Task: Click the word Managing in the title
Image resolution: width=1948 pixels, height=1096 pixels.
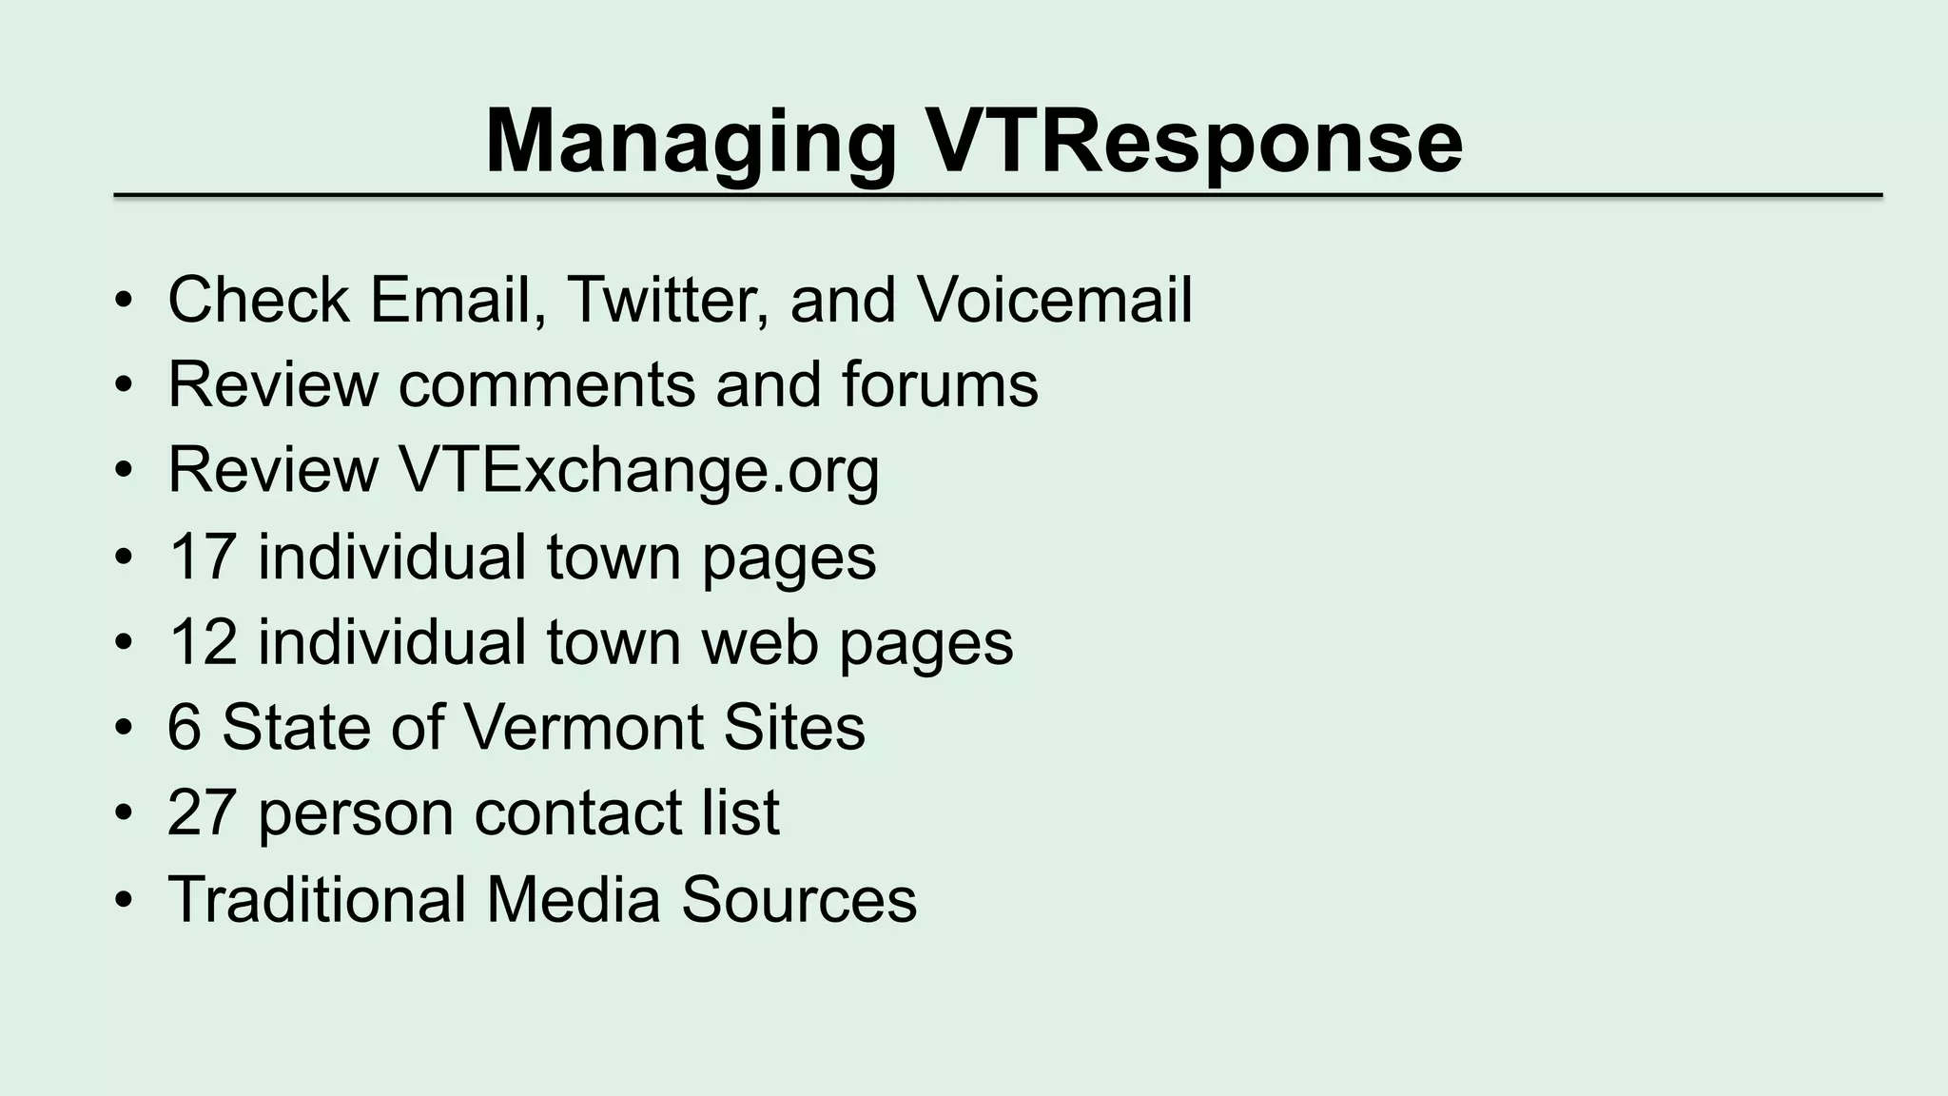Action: click(690, 143)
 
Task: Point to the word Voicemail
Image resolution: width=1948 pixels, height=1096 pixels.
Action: click(1054, 300)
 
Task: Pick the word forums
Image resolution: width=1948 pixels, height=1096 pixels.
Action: click(939, 384)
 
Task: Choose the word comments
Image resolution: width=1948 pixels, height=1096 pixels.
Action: click(548, 384)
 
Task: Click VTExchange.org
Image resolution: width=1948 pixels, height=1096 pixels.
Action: click(638, 470)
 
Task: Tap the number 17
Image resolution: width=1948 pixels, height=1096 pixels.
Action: click(201, 557)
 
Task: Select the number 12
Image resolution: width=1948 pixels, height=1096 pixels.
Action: click(201, 642)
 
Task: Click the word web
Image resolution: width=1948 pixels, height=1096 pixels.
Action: click(759, 642)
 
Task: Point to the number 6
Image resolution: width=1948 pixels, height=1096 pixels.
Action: click(184, 728)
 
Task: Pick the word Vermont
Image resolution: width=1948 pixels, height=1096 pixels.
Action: click(583, 728)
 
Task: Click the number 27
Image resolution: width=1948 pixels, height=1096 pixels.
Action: click(201, 813)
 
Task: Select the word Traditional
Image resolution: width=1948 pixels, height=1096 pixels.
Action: click(317, 899)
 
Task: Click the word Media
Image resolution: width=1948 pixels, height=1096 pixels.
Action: click(573, 899)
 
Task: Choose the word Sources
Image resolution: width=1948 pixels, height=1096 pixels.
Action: click(798, 899)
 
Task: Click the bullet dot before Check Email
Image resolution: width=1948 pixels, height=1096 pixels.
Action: click(123, 302)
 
